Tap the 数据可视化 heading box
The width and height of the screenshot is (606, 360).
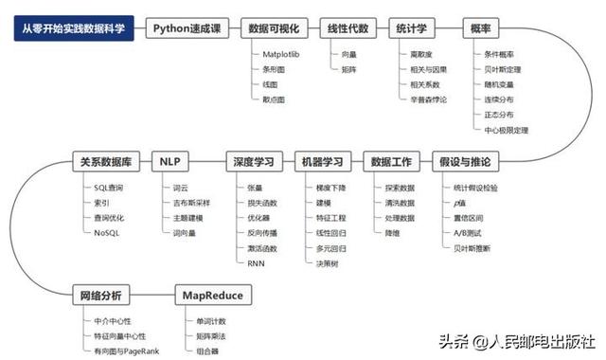(x=271, y=28)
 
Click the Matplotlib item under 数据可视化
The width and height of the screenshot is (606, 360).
(x=281, y=56)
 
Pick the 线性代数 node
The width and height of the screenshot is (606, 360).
(x=347, y=28)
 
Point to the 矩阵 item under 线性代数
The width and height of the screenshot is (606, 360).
(x=349, y=70)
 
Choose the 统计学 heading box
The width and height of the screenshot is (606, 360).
(x=419, y=28)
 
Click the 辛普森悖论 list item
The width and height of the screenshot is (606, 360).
(x=430, y=99)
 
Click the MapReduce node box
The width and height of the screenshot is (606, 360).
(x=212, y=296)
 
